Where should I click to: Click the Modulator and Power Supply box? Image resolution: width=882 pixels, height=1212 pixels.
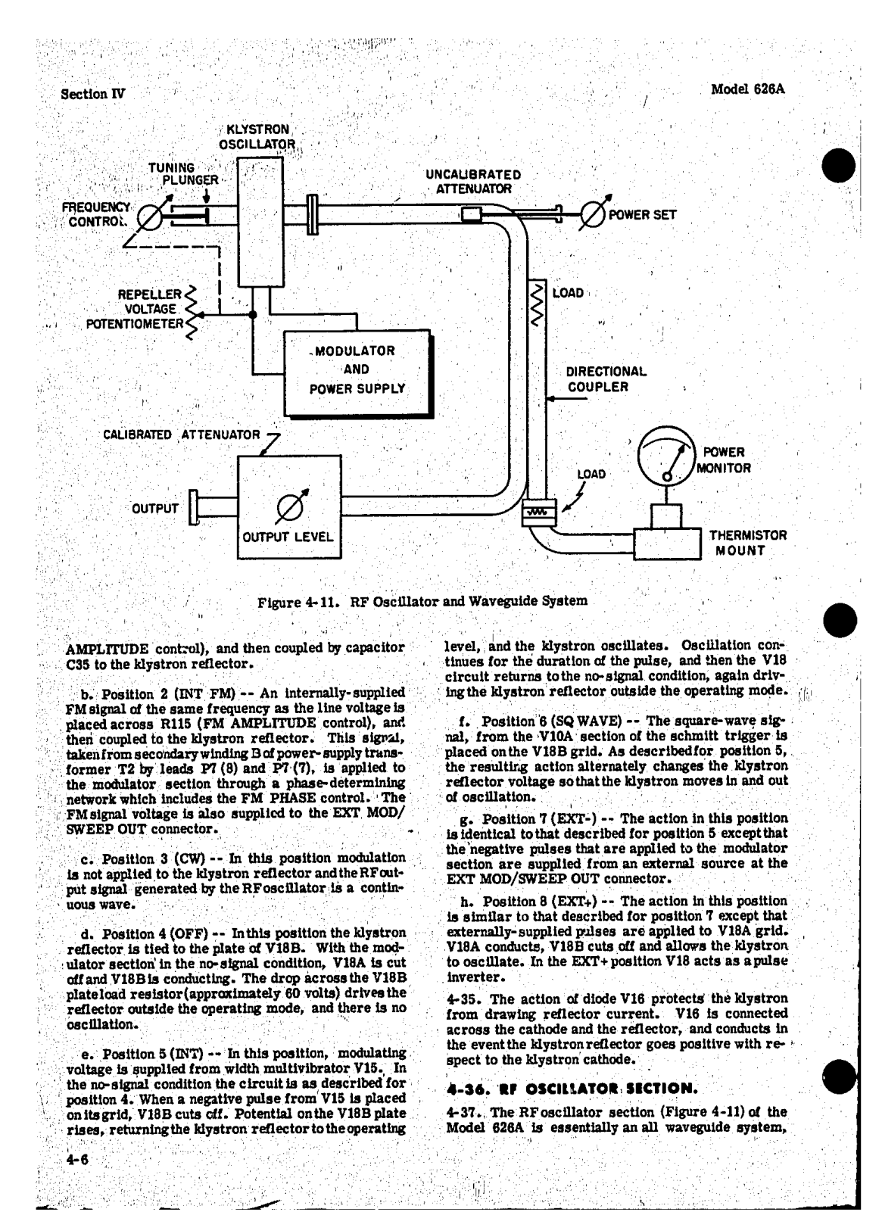pos(356,370)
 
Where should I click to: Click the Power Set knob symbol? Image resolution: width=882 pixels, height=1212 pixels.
pos(593,214)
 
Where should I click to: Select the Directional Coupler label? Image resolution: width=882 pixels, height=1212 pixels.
pos(606,379)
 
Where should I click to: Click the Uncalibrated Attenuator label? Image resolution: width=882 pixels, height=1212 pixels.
pos(473,182)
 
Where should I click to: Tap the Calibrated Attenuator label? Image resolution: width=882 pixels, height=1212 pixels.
pos(182,435)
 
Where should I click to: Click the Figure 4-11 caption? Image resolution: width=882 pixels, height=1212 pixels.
pos(422,601)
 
